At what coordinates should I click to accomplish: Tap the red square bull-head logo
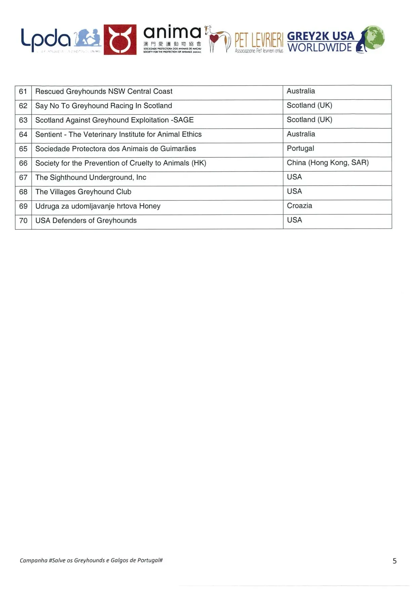(x=120, y=39)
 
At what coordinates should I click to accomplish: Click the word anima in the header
(x=172, y=33)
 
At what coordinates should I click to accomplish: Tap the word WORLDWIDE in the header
(x=319, y=48)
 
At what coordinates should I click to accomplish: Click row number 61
(x=23, y=91)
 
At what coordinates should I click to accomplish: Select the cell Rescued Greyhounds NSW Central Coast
(x=104, y=91)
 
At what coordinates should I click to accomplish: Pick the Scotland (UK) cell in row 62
(x=309, y=106)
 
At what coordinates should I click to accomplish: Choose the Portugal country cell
(x=300, y=149)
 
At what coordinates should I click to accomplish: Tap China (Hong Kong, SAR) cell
(x=328, y=163)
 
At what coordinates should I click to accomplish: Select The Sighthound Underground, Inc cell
(x=91, y=178)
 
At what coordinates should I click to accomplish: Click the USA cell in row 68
(x=294, y=192)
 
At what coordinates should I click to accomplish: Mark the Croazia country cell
(x=299, y=206)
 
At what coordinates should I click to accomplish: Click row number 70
(x=23, y=221)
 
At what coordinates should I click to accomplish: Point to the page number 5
(x=395, y=561)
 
